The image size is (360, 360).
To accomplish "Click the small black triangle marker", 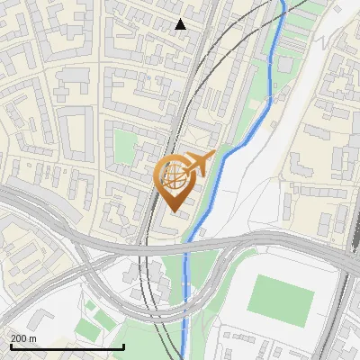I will [x=181, y=24].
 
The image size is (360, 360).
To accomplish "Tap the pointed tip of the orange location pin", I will [x=173, y=211].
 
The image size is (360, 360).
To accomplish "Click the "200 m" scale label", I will [x=24, y=338].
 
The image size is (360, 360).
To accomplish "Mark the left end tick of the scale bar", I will [x=10, y=346].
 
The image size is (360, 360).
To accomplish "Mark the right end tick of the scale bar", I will [x=123, y=346].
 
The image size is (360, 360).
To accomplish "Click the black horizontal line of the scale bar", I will [x=67, y=347].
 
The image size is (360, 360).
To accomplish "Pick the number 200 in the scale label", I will [x=20, y=338].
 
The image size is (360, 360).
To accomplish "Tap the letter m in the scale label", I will [x=33, y=338].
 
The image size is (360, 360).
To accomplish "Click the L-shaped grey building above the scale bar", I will [x=45, y=322].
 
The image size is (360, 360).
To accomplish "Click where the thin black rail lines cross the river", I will [x=283, y=13].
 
